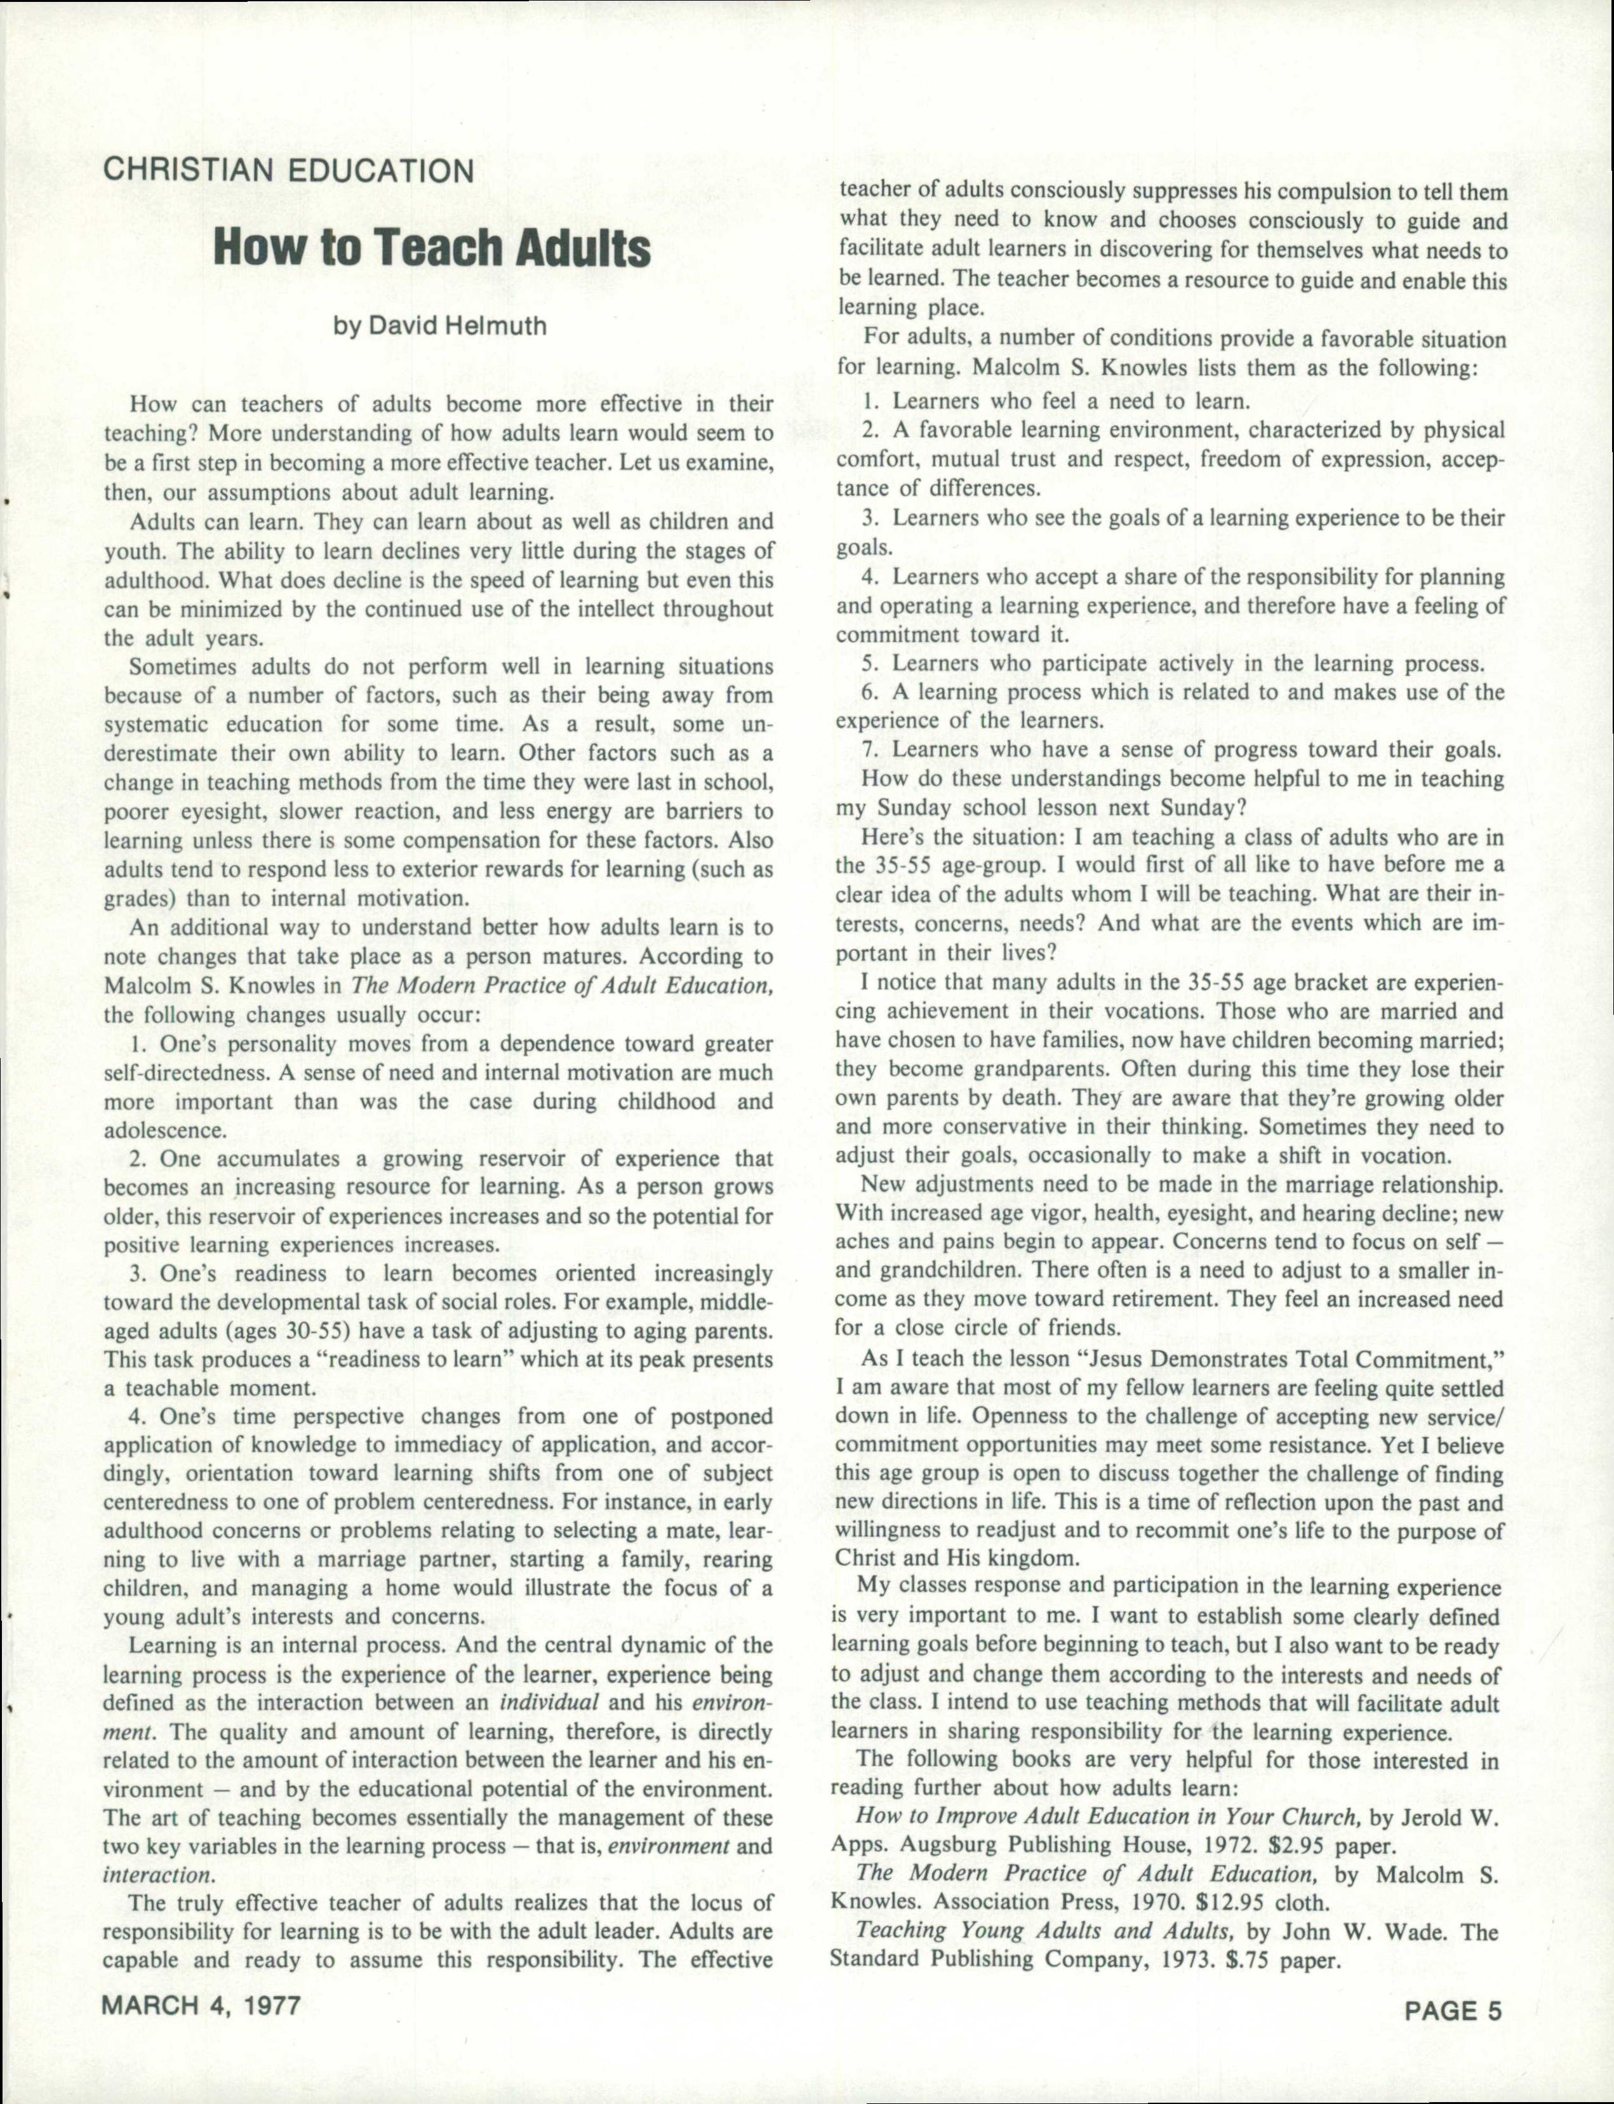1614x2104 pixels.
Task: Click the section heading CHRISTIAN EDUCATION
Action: [x=288, y=171]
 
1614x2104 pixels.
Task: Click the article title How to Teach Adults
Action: [x=431, y=248]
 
